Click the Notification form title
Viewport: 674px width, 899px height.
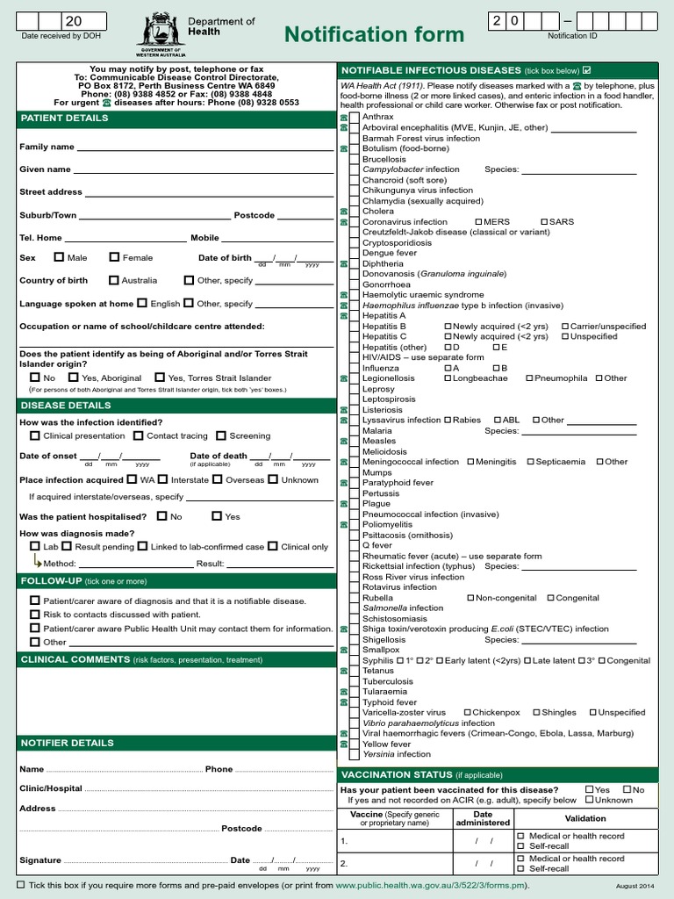[x=374, y=34]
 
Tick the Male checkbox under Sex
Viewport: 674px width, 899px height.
[x=59, y=257]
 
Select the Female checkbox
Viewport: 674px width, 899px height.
[x=114, y=257]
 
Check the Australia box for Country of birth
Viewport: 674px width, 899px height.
[x=114, y=280]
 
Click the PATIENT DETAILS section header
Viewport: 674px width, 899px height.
[x=65, y=118]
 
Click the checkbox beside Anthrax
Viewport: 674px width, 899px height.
[x=355, y=117]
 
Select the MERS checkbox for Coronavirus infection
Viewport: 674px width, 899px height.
[x=478, y=222]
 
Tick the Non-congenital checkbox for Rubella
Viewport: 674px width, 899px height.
[x=470, y=598]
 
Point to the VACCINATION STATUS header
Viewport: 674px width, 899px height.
[x=397, y=775]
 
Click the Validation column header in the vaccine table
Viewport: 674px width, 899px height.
[x=584, y=818]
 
